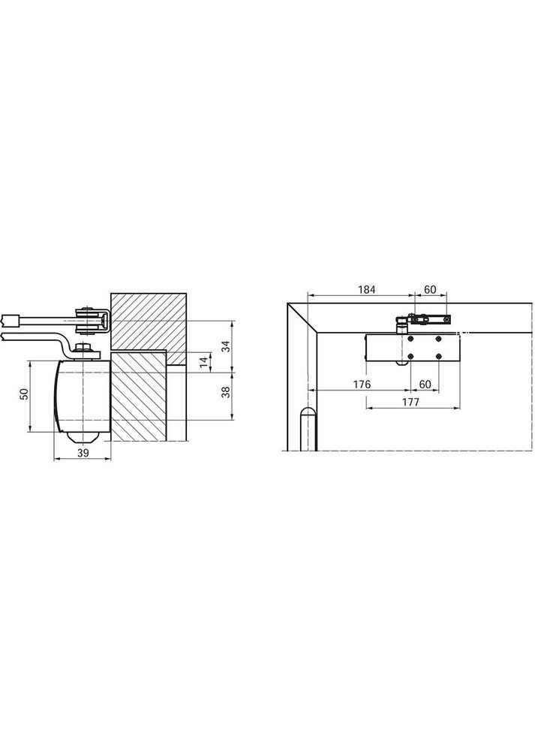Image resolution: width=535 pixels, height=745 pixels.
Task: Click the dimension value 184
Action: click(x=366, y=289)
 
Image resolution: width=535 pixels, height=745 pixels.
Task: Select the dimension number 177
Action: click(x=410, y=402)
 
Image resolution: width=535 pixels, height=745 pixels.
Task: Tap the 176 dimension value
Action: click(x=362, y=385)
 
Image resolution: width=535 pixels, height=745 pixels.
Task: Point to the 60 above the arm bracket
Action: click(x=430, y=289)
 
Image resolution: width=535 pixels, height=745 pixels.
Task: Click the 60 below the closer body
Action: click(x=425, y=385)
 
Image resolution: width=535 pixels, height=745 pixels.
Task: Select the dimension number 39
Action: click(x=83, y=453)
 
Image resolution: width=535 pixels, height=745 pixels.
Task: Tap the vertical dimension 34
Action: click(x=226, y=346)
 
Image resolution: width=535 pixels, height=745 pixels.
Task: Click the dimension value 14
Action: click(x=203, y=361)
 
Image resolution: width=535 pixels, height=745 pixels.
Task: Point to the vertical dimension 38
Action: click(x=226, y=391)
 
